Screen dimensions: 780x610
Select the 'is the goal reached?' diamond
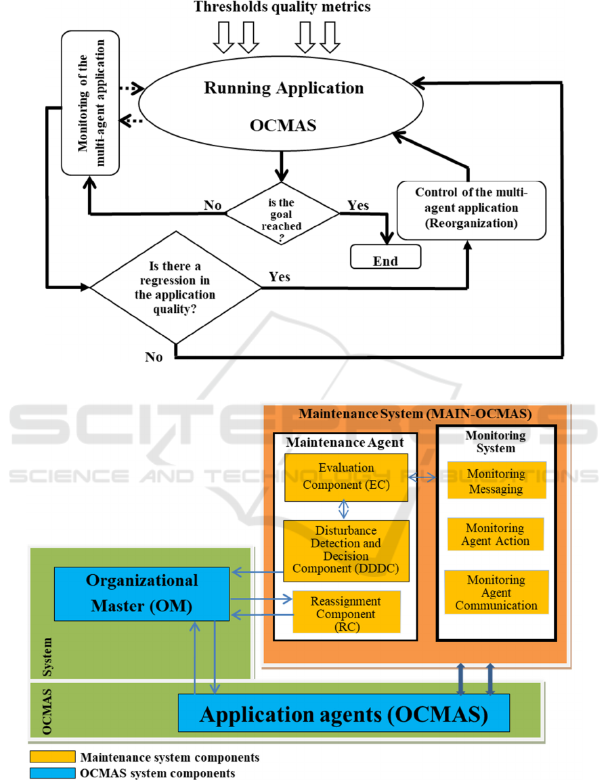(282, 214)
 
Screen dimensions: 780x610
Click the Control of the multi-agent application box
(471, 209)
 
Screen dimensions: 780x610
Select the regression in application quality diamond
(175, 288)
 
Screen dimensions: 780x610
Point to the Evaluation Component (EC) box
(347, 477)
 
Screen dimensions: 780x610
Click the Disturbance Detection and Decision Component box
(346, 550)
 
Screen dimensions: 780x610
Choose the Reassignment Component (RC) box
(346, 613)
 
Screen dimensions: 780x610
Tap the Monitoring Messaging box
(496, 480)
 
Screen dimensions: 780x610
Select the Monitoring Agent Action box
(496, 534)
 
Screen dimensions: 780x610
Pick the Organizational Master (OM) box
(141, 593)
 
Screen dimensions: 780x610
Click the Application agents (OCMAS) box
(343, 713)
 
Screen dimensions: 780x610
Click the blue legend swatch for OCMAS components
(51, 772)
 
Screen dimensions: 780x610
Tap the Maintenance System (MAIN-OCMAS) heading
(415, 414)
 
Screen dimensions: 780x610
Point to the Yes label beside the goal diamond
(358, 204)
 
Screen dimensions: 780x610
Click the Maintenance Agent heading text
(345, 442)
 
